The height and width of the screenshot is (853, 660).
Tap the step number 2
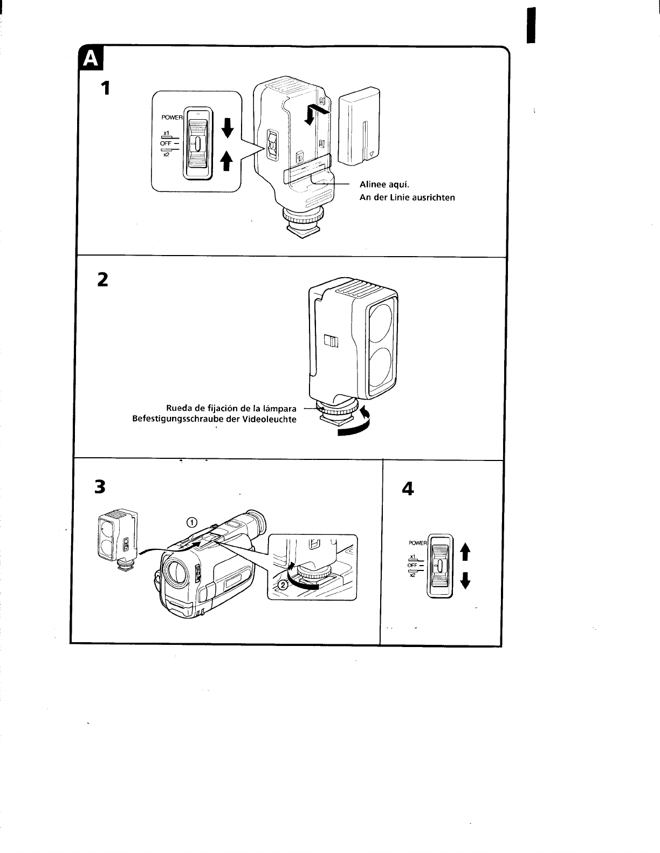(x=102, y=279)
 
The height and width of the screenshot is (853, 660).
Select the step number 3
(x=99, y=487)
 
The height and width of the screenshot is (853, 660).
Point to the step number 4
(x=408, y=489)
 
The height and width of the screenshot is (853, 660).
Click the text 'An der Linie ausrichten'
(x=407, y=197)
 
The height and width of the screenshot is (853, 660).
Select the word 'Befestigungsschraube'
(x=181, y=419)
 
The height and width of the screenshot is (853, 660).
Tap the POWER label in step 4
(x=417, y=543)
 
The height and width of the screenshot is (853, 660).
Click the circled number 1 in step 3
(x=192, y=521)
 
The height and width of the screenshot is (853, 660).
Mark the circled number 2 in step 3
(x=281, y=586)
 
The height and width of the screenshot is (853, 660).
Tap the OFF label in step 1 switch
(x=166, y=143)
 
